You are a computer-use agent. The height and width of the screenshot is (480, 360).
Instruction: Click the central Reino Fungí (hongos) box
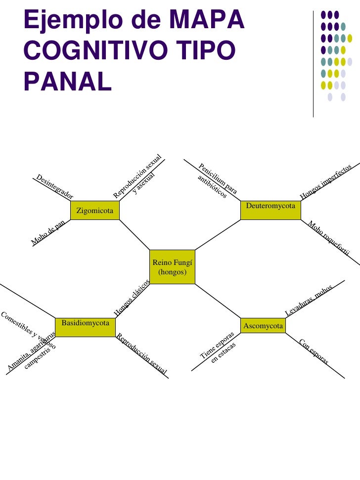(173, 267)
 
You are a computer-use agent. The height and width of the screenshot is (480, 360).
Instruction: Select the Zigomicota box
(95, 211)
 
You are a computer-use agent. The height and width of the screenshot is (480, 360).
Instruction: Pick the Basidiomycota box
(85, 327)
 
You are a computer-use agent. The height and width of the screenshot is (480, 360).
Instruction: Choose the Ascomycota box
(263, 325)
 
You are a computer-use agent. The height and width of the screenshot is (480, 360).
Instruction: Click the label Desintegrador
(54, 186)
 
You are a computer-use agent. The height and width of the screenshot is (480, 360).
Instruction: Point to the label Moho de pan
(48, 233)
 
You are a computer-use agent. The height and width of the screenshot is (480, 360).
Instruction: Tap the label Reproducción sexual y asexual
(140, 177)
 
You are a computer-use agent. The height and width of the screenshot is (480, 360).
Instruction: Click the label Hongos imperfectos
(326, 181)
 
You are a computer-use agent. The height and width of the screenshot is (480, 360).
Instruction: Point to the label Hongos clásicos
(132, 298)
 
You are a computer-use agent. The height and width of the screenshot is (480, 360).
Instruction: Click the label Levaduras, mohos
(309, 301)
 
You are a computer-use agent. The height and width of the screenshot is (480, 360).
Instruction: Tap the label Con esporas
(314, 352)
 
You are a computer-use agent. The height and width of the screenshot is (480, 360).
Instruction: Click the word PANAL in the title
(67, 82)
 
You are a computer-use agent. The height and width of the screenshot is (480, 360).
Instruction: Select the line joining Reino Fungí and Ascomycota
(218, 301)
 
